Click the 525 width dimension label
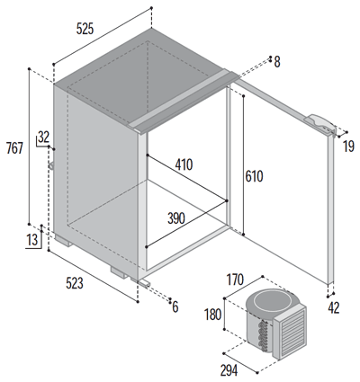pos(85,29)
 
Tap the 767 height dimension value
pos(14,148)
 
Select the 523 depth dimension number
pos(75,283)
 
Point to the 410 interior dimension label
pos(184,164)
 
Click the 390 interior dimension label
pos(176,218)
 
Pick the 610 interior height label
pos(254,176)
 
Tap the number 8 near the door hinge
pos(277,62)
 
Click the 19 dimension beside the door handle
pos(348,147)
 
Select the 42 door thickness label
pos(334,308)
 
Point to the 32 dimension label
pos(44,137)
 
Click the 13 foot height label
pos(32,240)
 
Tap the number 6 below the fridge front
pos(175,306)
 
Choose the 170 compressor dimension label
pos(235,280)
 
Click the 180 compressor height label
pos(212,315)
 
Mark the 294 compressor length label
pos(229,370)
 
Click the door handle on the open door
pos(319,124)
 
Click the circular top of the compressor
pos(267,300)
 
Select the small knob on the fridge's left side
pos(51,165)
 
